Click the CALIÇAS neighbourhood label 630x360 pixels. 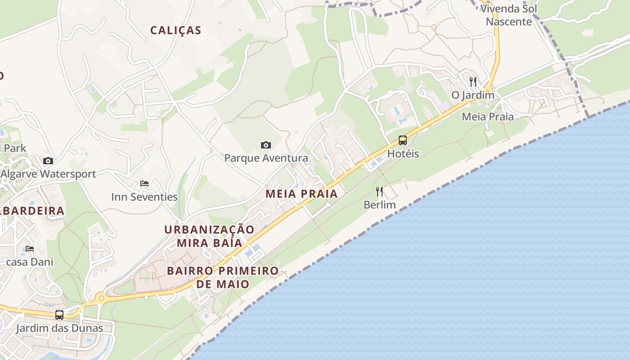tap(175, 31)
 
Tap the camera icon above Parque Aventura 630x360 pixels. tap(266, 145)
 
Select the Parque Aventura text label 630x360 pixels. tap(266, 158)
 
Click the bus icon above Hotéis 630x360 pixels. tap(403, 140)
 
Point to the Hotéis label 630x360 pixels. tap(403, 153)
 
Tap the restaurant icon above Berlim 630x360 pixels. tap(379, 192)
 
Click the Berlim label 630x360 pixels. tap(379, 205)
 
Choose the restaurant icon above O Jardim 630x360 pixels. tap(472, 82)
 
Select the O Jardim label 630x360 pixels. tap(472, 95)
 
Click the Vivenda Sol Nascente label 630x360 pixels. tap(508, 15)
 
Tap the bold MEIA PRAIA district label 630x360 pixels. tap(301, 194)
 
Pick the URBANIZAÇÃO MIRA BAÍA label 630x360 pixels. tap(209, 236)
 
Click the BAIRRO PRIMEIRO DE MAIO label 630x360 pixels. tap(223, 277)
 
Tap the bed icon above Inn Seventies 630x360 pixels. tap(144, 184)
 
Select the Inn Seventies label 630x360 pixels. tap(144, 197)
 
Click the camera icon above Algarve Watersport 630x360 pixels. tap(48, 161)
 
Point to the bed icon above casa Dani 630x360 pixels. tap(30, 248)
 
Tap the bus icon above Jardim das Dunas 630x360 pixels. tap(59, 315)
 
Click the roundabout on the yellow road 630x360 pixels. tap(101, 297)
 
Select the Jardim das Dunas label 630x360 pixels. tap(59, 328)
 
